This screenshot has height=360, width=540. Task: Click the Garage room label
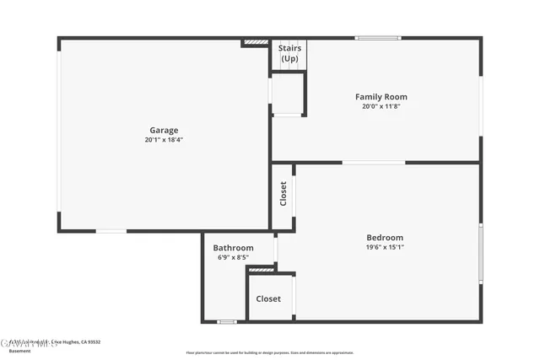164,130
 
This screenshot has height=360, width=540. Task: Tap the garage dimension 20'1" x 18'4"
164,140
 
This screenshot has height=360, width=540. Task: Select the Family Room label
381,97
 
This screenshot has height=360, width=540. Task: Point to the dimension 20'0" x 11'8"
381,106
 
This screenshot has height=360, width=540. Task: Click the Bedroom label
384,237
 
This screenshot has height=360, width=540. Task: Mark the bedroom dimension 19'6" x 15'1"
384,247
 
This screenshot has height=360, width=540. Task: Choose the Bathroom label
233,248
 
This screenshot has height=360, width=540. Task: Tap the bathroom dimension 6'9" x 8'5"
233,257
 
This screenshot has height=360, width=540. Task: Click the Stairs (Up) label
289,53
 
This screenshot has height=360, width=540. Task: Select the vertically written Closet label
283,194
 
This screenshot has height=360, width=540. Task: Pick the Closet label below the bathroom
268,298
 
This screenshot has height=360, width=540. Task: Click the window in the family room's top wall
377,38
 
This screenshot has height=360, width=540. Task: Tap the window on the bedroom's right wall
480,253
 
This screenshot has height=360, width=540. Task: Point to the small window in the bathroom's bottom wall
226,321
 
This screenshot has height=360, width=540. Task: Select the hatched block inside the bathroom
262,270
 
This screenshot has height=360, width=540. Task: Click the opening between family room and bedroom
373,162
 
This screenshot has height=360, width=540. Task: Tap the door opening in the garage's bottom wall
111,230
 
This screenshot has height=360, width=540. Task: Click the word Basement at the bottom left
19,350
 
